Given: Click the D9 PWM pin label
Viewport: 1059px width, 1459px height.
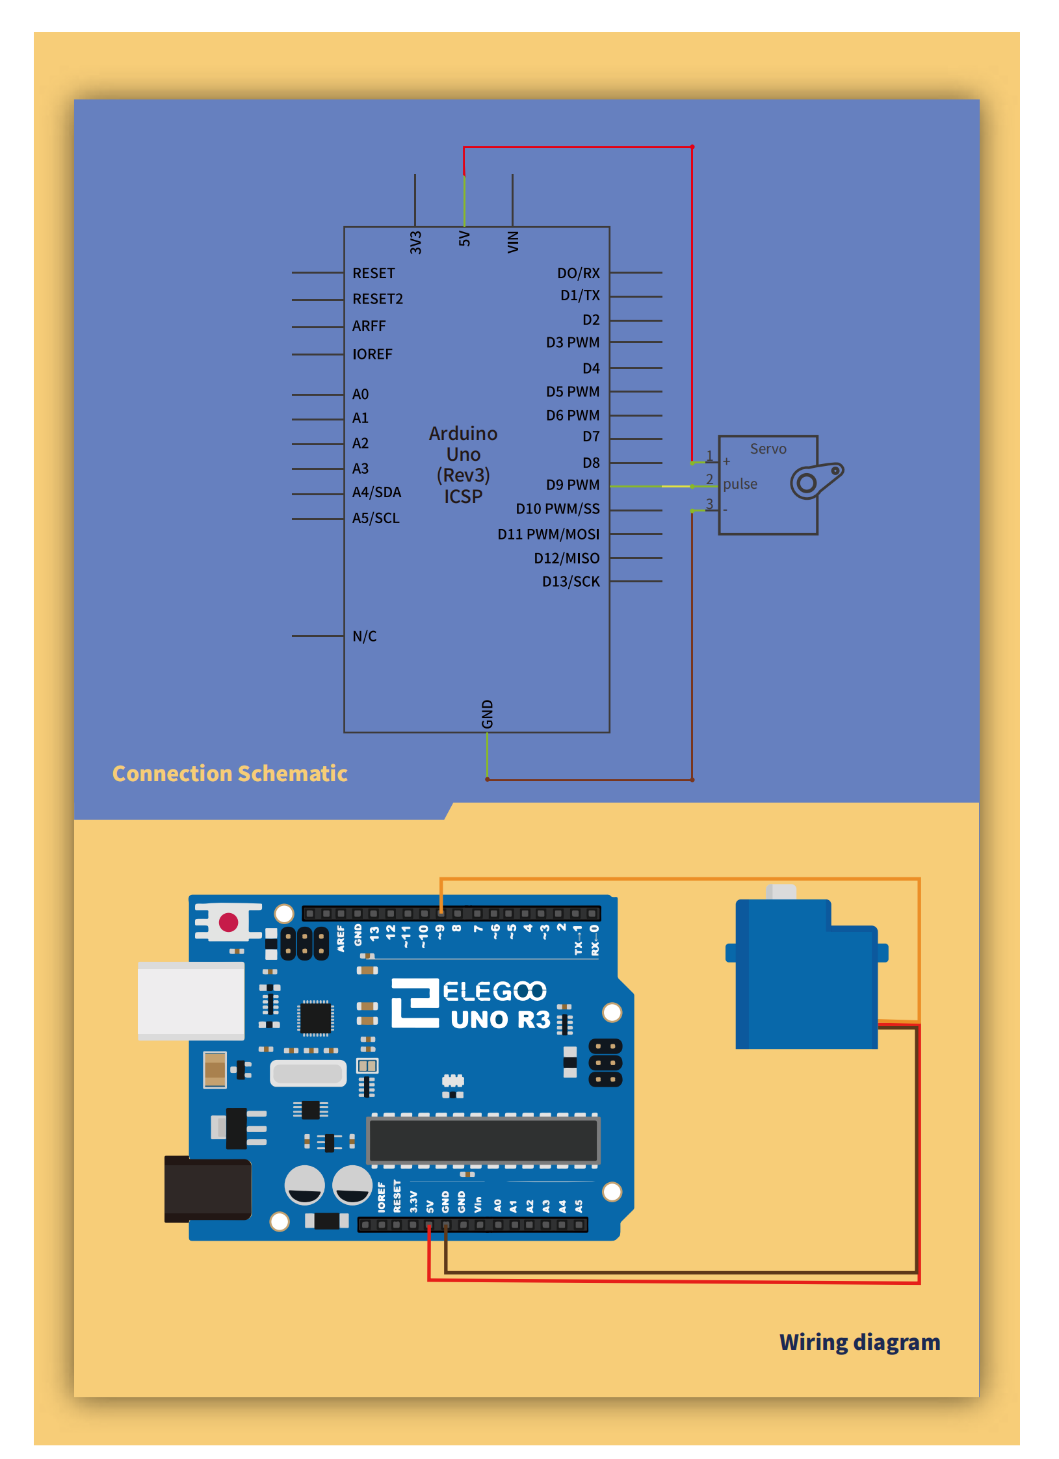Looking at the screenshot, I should tap(572, 485).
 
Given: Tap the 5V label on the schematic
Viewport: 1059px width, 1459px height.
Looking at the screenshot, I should tap(464, 239).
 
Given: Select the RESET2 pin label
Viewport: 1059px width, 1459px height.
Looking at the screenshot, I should tap(377, 299).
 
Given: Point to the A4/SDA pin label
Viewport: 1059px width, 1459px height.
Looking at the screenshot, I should tap(376, 493).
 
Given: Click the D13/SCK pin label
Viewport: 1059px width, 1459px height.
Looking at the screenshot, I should tap(571, 582).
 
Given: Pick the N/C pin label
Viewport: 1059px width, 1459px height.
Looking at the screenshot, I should tap(364, 636).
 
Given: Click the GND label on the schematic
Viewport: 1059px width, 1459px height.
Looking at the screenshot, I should tap(487, 714).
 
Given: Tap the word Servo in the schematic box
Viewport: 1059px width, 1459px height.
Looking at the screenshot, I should tap(768, 449).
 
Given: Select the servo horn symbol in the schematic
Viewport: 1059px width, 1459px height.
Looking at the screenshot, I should tap(816, 480).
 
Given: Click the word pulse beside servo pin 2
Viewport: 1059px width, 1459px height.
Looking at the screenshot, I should tap(740, 484).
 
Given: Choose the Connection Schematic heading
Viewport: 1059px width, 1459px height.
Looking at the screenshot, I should tap(229, 773).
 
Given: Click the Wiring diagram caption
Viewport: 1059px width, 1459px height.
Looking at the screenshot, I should tap(859, 1342).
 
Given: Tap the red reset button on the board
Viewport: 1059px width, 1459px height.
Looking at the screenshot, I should tap(228, 922).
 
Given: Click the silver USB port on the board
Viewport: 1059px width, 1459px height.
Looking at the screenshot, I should tap(190, 1000).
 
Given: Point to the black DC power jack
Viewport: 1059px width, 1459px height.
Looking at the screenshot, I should tap(207, 1189).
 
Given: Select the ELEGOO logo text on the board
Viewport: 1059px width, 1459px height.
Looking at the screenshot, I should tap(494, 992).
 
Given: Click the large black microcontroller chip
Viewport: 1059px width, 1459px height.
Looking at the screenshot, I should tap(483, 1139).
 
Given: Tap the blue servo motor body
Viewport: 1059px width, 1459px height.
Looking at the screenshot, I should tap(806, 975).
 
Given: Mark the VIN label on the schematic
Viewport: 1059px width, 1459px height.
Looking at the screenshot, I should tap(513, 242).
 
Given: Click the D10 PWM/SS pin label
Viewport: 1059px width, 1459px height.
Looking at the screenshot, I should tap(557, 509).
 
